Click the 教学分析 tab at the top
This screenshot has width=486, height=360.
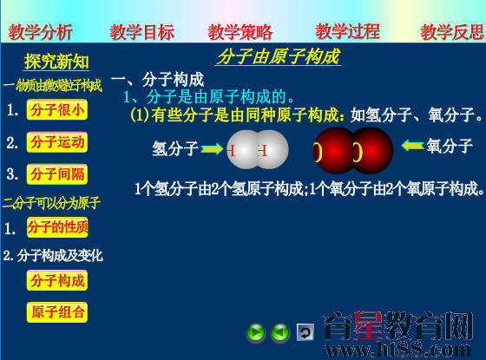point(41,33)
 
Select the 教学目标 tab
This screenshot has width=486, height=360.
point(142,33)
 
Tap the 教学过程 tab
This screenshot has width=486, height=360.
point(347,33)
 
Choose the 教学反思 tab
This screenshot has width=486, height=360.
point(452,33)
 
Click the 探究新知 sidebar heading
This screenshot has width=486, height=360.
point(56,62)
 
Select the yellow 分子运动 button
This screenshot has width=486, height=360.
point(57,142)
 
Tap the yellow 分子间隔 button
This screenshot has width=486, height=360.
point(57,173)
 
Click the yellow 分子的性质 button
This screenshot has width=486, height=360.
point(57,227)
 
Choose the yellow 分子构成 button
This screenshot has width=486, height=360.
point(57,280)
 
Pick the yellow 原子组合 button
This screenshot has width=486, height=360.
point(57,311)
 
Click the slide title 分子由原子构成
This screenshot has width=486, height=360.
point(278,58)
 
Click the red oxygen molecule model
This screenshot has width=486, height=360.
point(352,150)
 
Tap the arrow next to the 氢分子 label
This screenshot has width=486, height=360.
point(212,149)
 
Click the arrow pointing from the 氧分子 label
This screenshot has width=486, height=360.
point(411,145)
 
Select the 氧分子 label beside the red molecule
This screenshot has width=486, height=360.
point(450,145)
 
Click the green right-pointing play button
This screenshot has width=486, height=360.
point(256,332)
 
